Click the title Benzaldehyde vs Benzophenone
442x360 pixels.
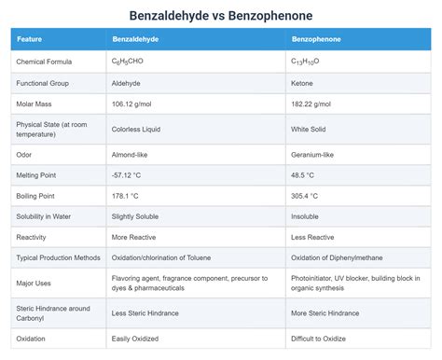(220, 16)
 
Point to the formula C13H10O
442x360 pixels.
(307, 62)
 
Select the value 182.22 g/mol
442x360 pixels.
(311, 104)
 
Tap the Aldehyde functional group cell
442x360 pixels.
(127, 83)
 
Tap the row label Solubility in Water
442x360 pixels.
(45, 216)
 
